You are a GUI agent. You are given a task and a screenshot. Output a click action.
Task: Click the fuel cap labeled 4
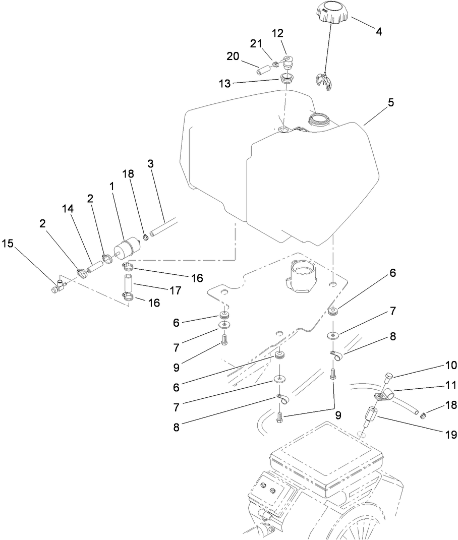[331, 13]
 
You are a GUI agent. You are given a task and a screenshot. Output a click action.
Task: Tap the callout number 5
[391, 103]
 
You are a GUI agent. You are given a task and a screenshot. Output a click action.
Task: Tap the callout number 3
[150, 164]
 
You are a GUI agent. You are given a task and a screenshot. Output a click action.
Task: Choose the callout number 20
[233, 57]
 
